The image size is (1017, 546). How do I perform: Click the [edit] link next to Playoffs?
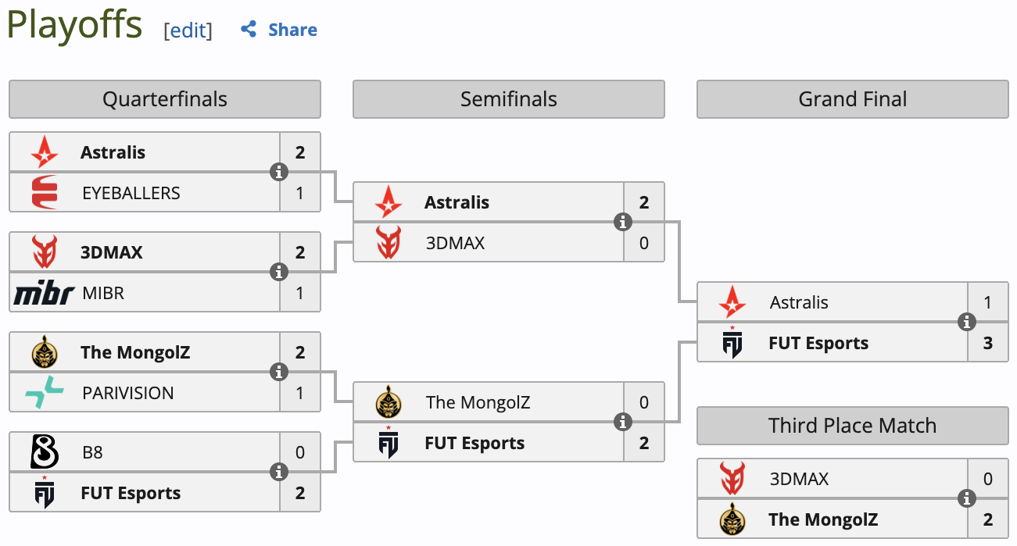click(x=188, y=30)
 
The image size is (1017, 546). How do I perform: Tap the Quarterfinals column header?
click(x=165, y=99)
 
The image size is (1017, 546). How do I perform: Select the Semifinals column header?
click(x=509, y=99)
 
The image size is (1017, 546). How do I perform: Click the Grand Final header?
click(x=853, y=99)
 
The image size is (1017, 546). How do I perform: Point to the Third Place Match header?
click(x=852, y=426)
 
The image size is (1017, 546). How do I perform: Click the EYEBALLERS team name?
click(x=131, y=193)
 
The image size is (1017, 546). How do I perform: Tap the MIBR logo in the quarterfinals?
click(x=45, y=294)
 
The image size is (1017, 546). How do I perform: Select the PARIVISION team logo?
click(x=45, y=392)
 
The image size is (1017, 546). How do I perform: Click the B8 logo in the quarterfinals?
click(x=45, y=452)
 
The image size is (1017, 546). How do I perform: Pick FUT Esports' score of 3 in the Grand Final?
click(x=988, y=343)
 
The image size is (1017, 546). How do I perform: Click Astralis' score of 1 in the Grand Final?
click(x=988, y=302)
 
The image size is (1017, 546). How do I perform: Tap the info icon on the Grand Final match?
click(x=967, y=322)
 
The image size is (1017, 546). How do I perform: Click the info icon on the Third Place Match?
click(x=967, y=498)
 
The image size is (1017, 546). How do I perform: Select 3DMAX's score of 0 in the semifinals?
click(x=644, y=243)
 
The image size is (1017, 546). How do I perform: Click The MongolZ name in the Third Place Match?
click(x=823, y=519)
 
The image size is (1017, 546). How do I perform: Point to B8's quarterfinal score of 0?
click(x=300, y=452)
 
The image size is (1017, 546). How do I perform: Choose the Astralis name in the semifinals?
click(x=457, y=202)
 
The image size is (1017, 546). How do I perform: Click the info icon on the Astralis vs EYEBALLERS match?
click(x=279, y=172)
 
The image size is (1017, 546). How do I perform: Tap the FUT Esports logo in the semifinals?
click(x=389, y=443)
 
